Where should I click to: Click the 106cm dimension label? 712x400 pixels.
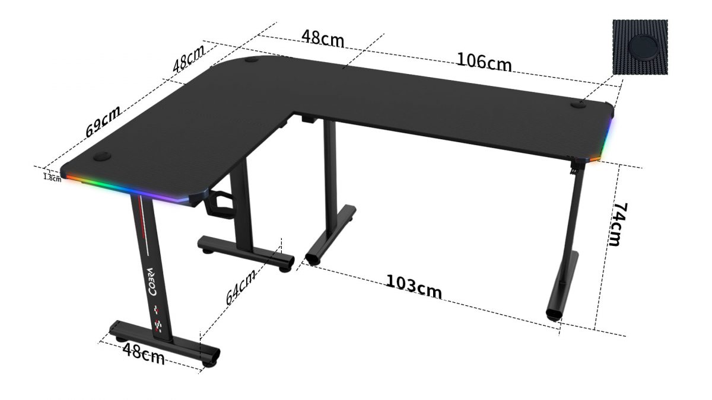(484, 61)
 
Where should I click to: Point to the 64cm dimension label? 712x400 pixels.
(241, 287)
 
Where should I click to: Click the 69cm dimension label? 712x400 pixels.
(103, 121)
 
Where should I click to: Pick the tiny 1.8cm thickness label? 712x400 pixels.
(52, 177)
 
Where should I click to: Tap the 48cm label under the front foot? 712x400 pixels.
(144, 354)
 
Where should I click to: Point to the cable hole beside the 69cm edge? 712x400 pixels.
(102, 158)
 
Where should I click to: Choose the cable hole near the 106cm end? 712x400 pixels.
(577, 105)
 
